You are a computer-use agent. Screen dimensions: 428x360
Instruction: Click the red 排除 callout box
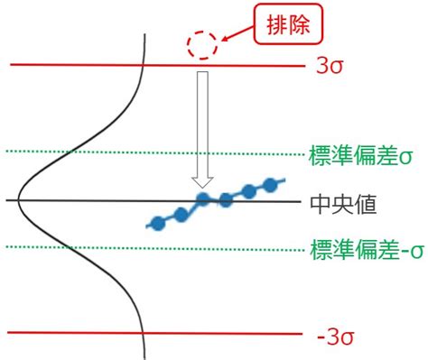(288, 24)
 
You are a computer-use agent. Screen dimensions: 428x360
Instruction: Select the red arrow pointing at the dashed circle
(237, 34)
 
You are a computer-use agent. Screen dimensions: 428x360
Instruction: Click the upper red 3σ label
(330, 66)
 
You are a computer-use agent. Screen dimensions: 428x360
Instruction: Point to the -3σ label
(336, 337)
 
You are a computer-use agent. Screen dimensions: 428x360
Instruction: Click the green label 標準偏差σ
(360, 155)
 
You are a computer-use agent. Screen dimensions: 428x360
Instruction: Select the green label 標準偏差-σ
(367, 250)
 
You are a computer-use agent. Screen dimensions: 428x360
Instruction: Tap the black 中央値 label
(343, 205)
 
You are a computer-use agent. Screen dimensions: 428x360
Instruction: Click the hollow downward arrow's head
(202, 182)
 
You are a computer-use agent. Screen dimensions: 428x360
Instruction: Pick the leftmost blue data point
(158, 224)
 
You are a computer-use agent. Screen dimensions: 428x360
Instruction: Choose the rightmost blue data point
(270, 185)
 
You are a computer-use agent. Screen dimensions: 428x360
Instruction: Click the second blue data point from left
(181, 215)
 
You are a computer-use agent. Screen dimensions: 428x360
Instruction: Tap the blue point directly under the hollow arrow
(203, 199)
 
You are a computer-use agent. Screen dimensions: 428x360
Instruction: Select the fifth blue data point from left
(248, 191)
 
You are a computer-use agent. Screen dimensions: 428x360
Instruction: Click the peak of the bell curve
(18, 200)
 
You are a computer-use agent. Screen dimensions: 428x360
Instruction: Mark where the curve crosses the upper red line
(143, 65)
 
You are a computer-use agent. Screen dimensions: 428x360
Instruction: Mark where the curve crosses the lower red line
(143, 333)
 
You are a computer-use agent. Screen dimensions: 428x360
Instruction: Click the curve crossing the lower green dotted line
(69, 247)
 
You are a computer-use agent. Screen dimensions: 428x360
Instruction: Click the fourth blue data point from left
(226, 200)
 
